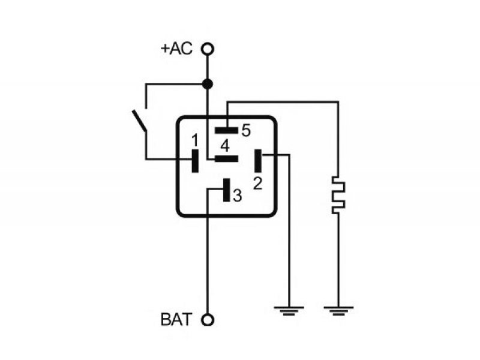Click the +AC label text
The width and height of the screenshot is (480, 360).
pyautogui.click(x=176, y=49)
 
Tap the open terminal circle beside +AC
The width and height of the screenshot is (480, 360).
pyautogui.click(x=208, y=49)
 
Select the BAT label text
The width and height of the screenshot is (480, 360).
pyautogui.click(x=176, y=320)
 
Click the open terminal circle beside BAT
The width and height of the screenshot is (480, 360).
pyautogui.click(x=208, y=320)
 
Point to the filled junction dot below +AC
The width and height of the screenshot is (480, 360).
pyautogui.click(x=208, y=83)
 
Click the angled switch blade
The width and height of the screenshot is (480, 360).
pyautogui.click(x=139, y=121)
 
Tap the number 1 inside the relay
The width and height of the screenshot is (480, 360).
pyautogui.click(x=194, y=140)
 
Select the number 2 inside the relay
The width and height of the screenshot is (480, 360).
pyautogui.click(x=258, y=184)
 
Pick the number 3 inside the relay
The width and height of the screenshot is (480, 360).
pyautogui.click(x=237, y=196)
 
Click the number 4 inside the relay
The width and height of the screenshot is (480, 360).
pyautogui.click(x=224, y=146)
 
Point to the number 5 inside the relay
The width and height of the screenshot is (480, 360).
pyautogui.click(x=246, y=130)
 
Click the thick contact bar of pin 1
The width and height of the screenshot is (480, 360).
pyautogui.click(x=194, y=161)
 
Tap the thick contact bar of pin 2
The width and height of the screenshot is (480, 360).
pyautogui.click(x=258, y=161)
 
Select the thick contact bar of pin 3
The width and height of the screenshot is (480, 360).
pyautogui.click(x=227, y=190)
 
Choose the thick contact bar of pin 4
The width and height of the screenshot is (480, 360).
pyautogui.click(x=227, y=158)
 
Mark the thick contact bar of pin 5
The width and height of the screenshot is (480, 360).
pyautogui.click(x=227, y=130)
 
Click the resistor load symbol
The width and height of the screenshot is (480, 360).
pyautogui.click(x=338, y=195)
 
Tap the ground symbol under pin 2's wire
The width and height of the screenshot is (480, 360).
pyautogui.click(x=289, y=311)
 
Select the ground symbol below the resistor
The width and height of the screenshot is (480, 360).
pyautogui.click(x=338, y=311)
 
